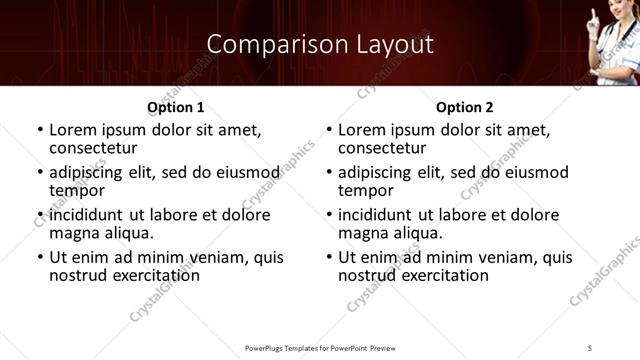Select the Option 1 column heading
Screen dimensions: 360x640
(175, 107)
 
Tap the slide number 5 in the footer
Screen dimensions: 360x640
(591, 348)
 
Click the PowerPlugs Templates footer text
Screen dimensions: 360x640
(319, 348)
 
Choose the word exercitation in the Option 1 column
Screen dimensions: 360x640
(150, 275)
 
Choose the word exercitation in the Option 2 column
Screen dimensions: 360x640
(439, 275)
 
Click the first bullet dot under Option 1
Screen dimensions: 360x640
(40, 131)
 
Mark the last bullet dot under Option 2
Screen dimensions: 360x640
(329, 258)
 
